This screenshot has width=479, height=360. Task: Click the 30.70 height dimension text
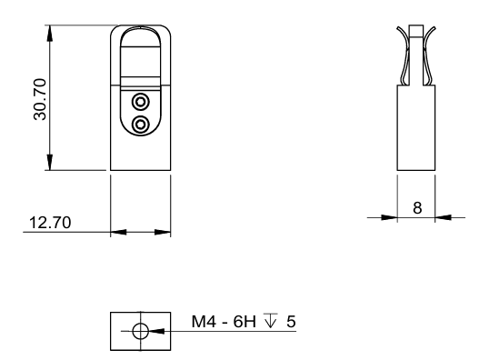(x=40, y=100)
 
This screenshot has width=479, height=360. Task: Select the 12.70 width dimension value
(x=50, y=223)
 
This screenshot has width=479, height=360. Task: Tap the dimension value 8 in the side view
(x=417, y=208)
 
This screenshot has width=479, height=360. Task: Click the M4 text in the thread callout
(x=204, y=322)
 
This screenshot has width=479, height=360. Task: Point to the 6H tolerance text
(x=244, y=322)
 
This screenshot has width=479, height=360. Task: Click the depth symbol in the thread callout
(x=271, y=320)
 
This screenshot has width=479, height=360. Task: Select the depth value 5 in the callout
(x=291, y=322)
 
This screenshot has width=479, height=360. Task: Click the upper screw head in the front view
(x=141, y=102)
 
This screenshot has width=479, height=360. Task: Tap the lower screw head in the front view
(x=141, y=125)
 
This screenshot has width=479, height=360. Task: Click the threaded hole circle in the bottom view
(x=141, y=331)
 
